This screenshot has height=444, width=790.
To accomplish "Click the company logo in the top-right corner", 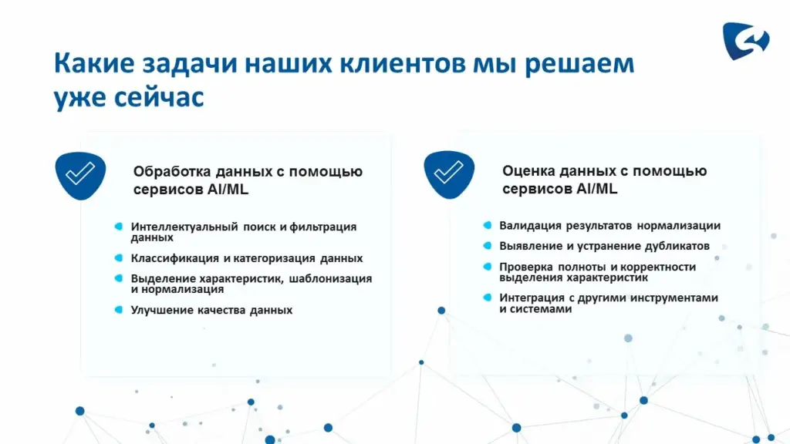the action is (x=746, y=40).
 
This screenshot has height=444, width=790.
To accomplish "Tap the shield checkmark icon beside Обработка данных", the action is (x=80, y=176).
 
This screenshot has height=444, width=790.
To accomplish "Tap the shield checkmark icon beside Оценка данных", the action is (x=449, y=175).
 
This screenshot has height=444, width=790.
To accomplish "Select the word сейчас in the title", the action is (x=159, y=96).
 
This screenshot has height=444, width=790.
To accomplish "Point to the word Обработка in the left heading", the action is (x=172, y=172).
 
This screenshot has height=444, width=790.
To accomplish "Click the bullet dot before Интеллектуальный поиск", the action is (x=119, y=227).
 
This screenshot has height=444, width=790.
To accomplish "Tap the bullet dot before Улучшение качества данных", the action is (x=119, y=310).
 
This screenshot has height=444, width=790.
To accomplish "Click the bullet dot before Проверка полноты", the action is (x=488, y=266).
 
